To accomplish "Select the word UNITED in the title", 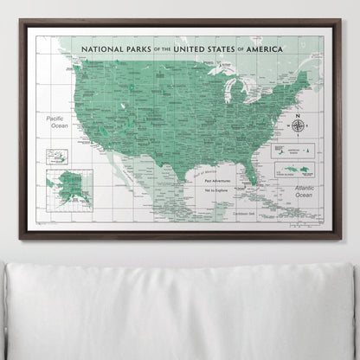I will (x=196, y=49).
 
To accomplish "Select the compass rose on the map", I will (x=297, y=126).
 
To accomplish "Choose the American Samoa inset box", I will (x=295, y=149).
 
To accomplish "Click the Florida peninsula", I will (x=251, y=173).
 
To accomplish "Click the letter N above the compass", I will (x=297, y=116).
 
